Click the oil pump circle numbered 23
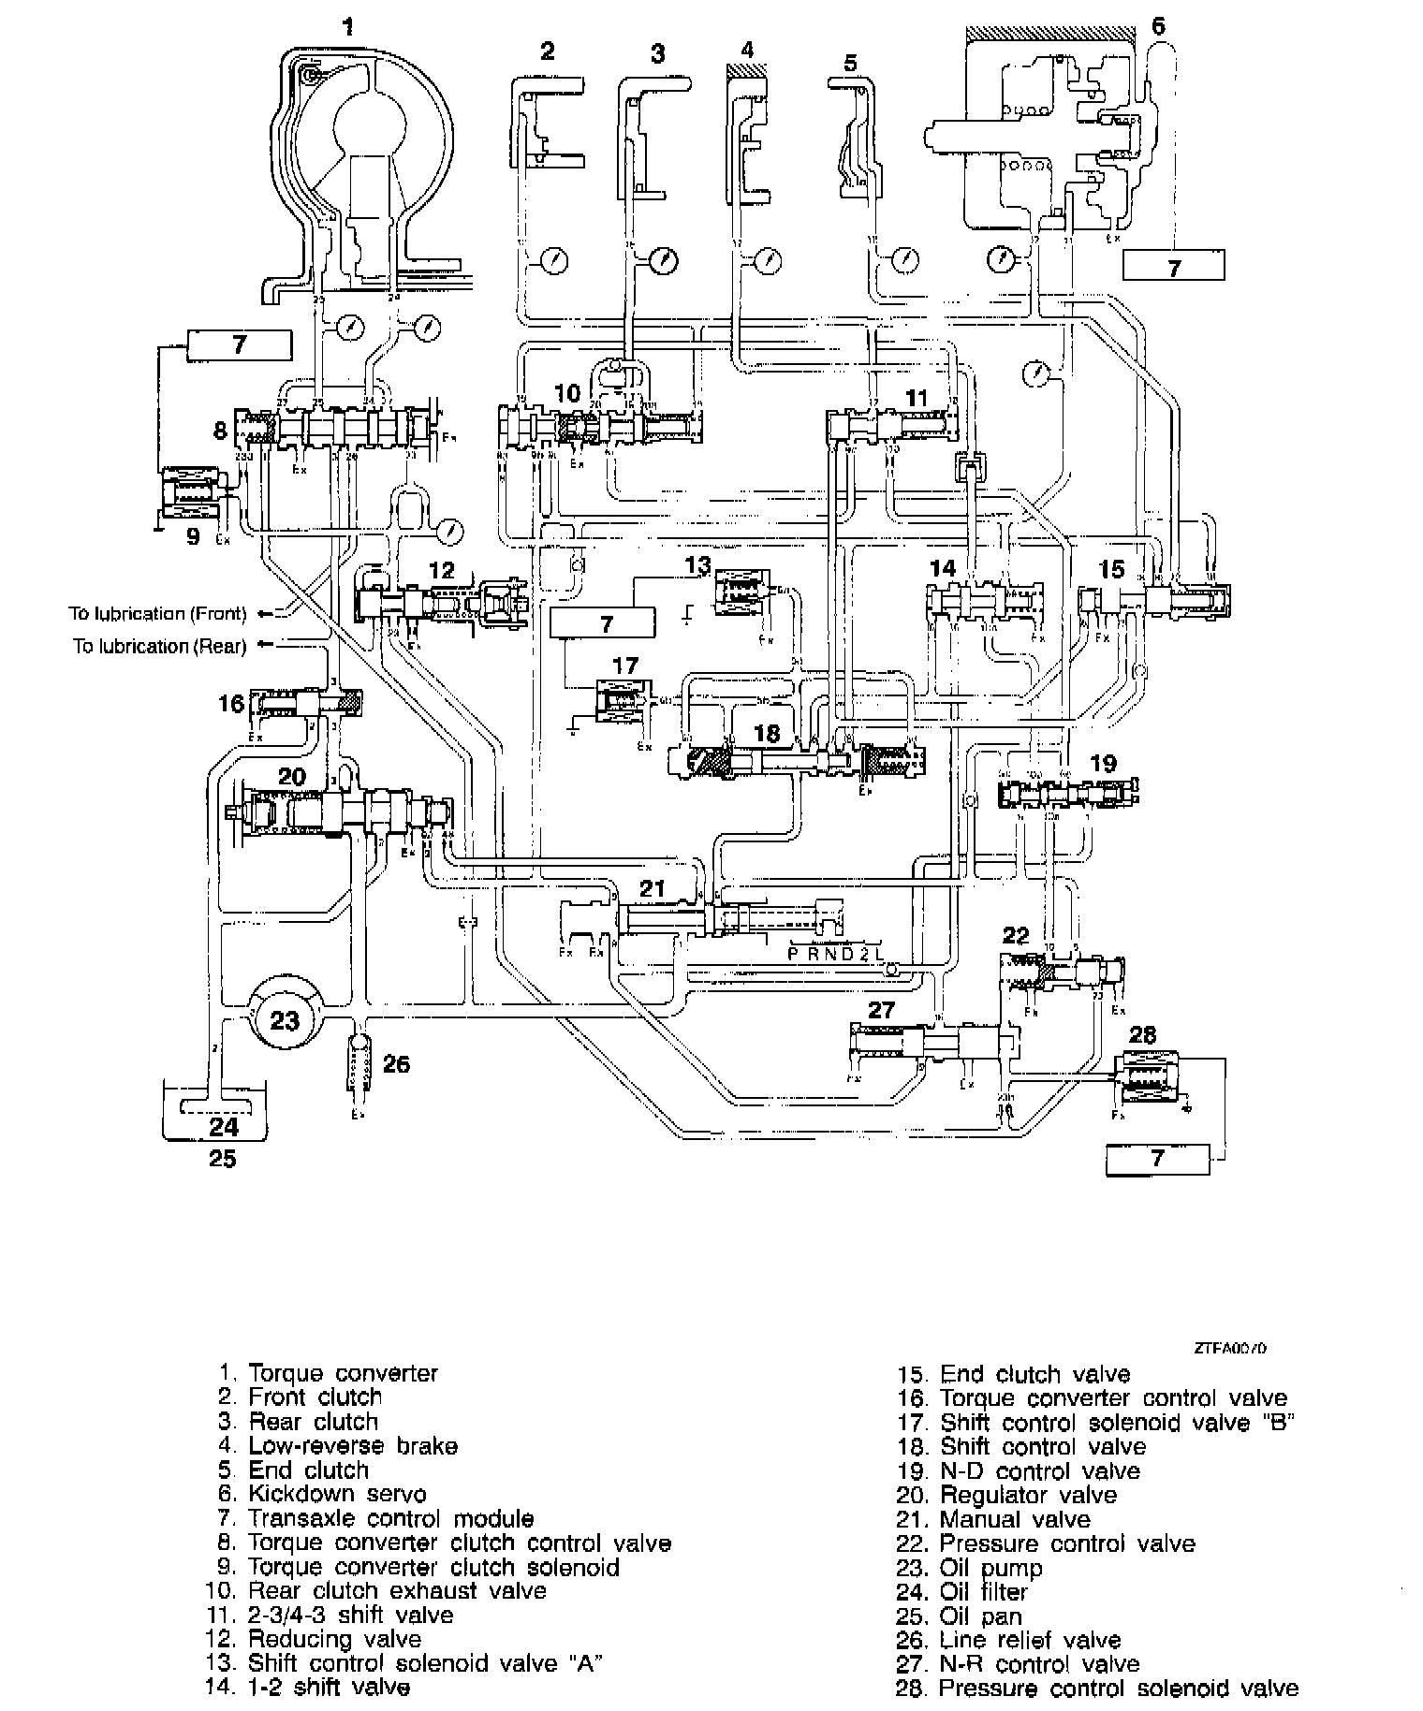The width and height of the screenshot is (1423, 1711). pyautogui.click(x=284, y=1018)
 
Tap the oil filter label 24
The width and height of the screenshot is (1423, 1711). pyautogui.click(x=224, y=1125)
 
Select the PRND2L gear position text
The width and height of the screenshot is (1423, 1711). pyautogui.click(x=835, y=955)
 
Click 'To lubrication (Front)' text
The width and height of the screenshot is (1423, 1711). pyautogui.click(x=157, y=614)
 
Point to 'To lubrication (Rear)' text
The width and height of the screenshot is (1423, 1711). pyautogui.click(x=160, y=646)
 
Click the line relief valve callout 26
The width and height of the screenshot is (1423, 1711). pyautogui.click(x=397, y=1064)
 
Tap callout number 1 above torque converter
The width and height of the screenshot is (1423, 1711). pyautogui.click(x=348, y=27)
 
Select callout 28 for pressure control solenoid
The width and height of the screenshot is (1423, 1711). pyautogui.click(x=1143, y=1034)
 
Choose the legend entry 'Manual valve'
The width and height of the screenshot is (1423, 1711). pyautogui.click(x=1015, y=1519)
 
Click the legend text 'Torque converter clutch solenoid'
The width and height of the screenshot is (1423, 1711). pyautogui.click(x=433, y=1567)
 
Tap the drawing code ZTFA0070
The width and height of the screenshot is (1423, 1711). pyautogui.click(x=1230, y=1349)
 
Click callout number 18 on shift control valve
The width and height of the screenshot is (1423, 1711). pyautogui.click(x=767, y=733)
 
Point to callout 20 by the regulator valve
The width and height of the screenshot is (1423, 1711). pyautogui.click(x=292, y=776)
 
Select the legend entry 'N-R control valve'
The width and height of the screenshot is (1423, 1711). pyautogui.click(x=1039, y=1664)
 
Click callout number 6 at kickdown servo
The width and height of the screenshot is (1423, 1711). pyautogui.click(x=1158, y=25)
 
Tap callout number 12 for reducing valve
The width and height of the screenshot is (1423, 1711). pyautogui.click(x=441, y=569)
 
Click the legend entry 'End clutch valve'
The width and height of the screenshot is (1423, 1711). pyautogui.click(x=1034, y=1374)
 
